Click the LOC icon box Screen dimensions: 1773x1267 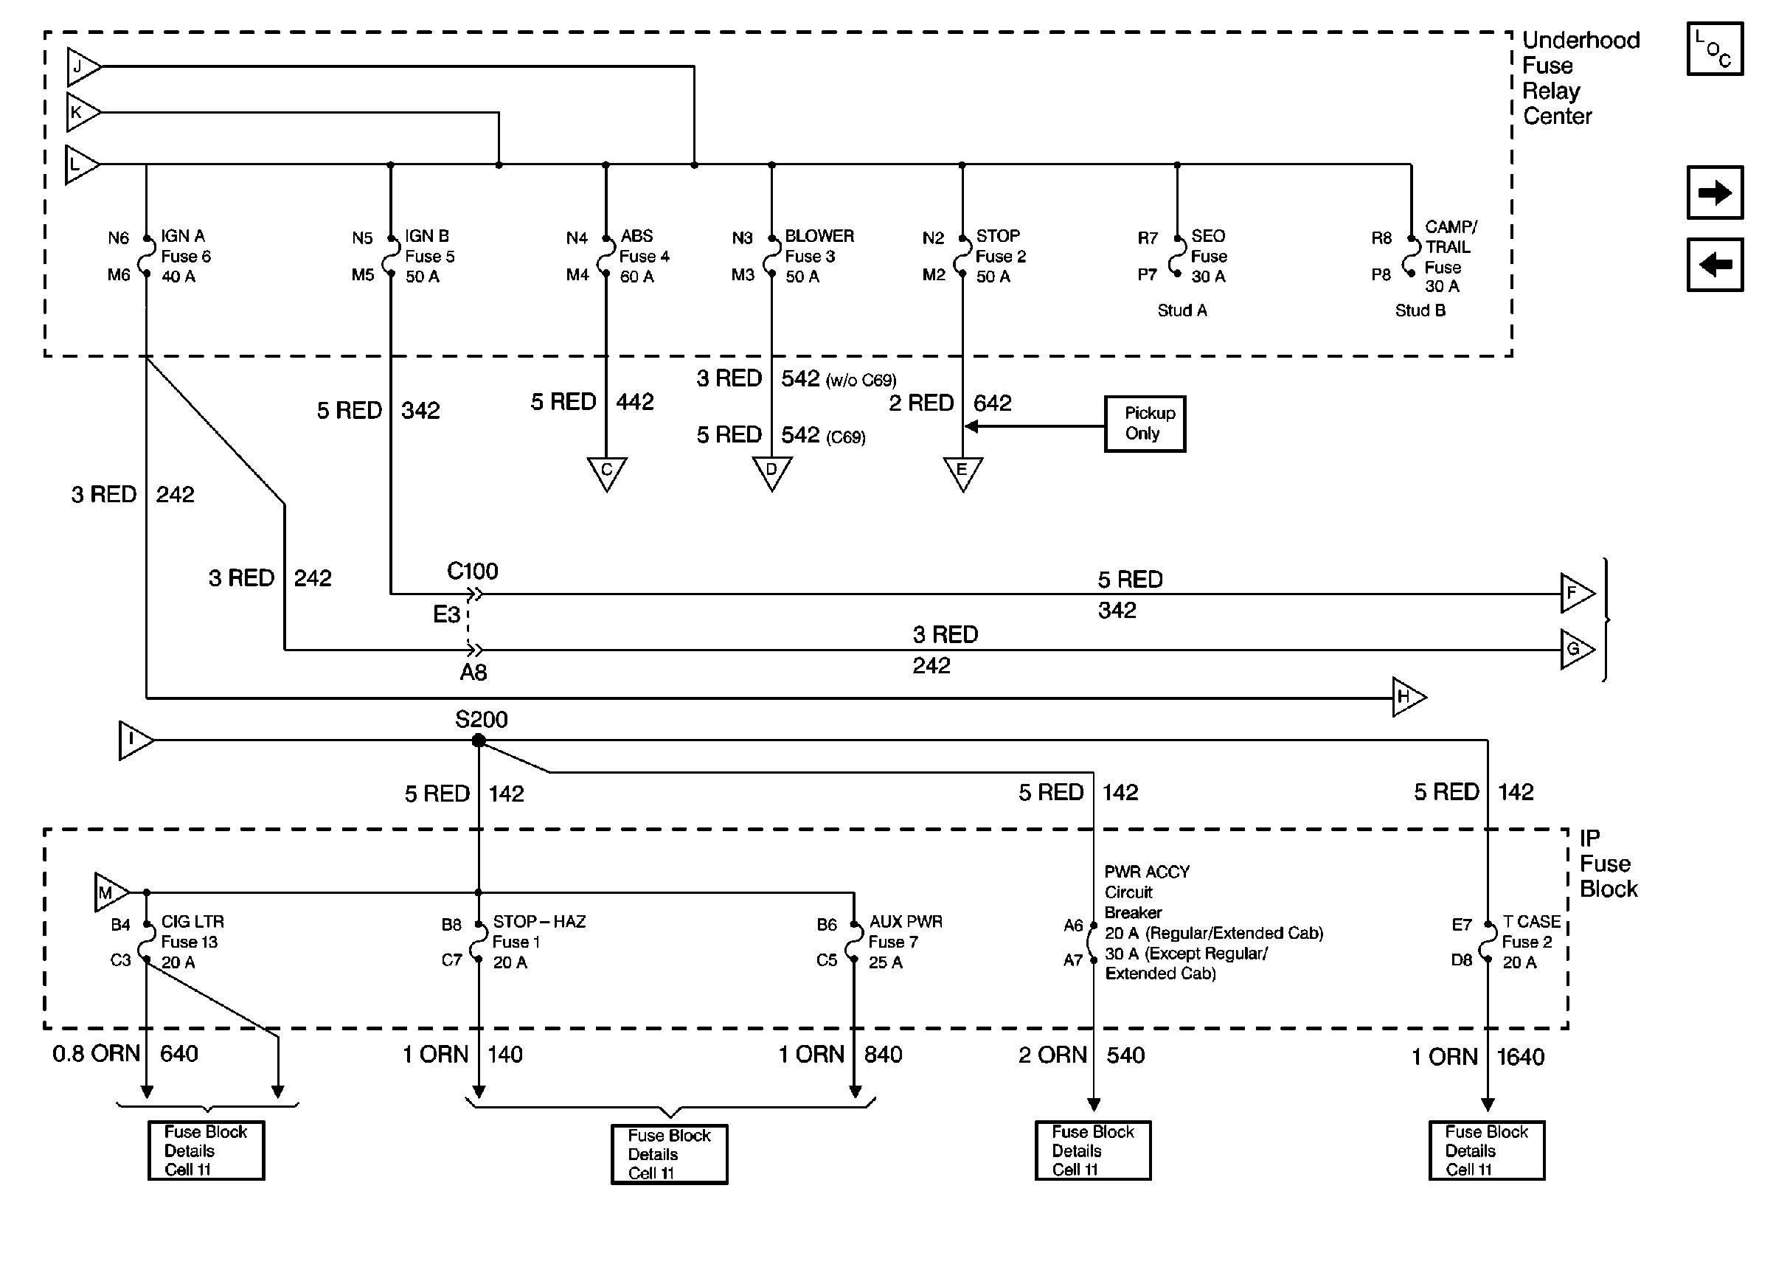(x=1715, y=49)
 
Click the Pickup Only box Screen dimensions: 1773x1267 (x=1145, y=423)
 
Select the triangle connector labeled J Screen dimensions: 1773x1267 (x=83, y=67)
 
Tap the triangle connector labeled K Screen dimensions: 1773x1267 (x=83, y=112)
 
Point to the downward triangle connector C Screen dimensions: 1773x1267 (x=607, y=473)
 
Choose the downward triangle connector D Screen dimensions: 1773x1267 (x=771, y=473)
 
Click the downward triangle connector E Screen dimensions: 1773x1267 (x=962, y=473)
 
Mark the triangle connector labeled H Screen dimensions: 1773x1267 (x=1409, y=697)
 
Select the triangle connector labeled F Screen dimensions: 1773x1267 (x=1578, y=594)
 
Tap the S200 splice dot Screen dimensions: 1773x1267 (x=479, y=740)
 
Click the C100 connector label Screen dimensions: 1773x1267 (x=472, y=571)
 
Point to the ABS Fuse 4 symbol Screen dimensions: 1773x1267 (x=606, y=256)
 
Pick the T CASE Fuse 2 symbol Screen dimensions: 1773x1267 (x=1488, y=942)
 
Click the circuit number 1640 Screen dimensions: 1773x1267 (x=1520, y=1057)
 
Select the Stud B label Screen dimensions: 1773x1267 (x=1420, y=310)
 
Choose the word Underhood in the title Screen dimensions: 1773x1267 (x=1581, y=41)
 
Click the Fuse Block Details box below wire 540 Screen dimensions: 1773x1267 (x=1093, y=1150)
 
